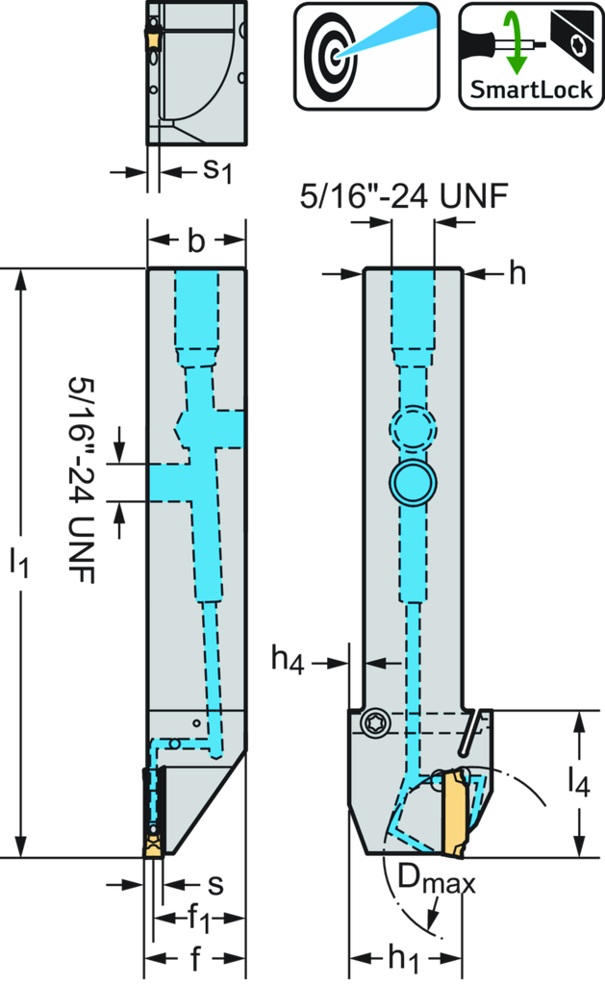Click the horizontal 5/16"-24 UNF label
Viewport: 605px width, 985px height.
coord(402,197)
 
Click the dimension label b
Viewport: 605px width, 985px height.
coord(196,242)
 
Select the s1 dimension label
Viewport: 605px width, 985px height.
coord(216,171)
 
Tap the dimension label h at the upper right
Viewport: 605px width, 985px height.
coord(517,274)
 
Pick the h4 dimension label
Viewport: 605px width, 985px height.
coord(289,661)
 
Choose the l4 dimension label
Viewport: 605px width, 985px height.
coord(577,781)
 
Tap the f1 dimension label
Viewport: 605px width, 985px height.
coord(198,921)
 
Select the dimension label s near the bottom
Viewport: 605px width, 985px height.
coord(215,884)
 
